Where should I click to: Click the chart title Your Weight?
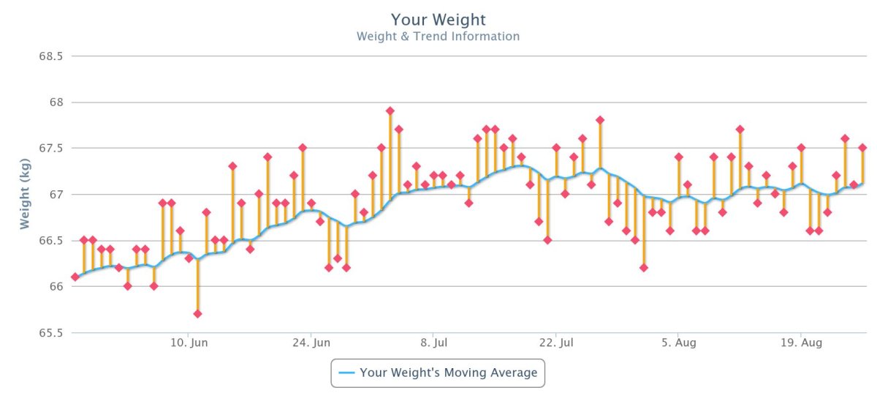click(x=438, y=19)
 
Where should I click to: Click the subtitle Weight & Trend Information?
click(x=438, y=36)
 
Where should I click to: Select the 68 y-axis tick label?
click(x=55, y=102)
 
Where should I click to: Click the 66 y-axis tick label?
click(x=55, y=286)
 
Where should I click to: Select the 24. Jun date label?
click(x=311, y=342)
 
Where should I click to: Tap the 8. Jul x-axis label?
click(x=434, y=342)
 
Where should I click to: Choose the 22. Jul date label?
click(x=556, y=342)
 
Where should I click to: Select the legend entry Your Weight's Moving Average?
click(x=448, y=373)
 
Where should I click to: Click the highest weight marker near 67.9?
click(x=390, y=111)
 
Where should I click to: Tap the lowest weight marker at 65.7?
click(x=197, y=314)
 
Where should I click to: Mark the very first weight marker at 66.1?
click(x=75, y=277)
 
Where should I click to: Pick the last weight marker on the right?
click(x=862, y=148)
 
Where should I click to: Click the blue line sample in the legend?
click(x=346, y=373)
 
